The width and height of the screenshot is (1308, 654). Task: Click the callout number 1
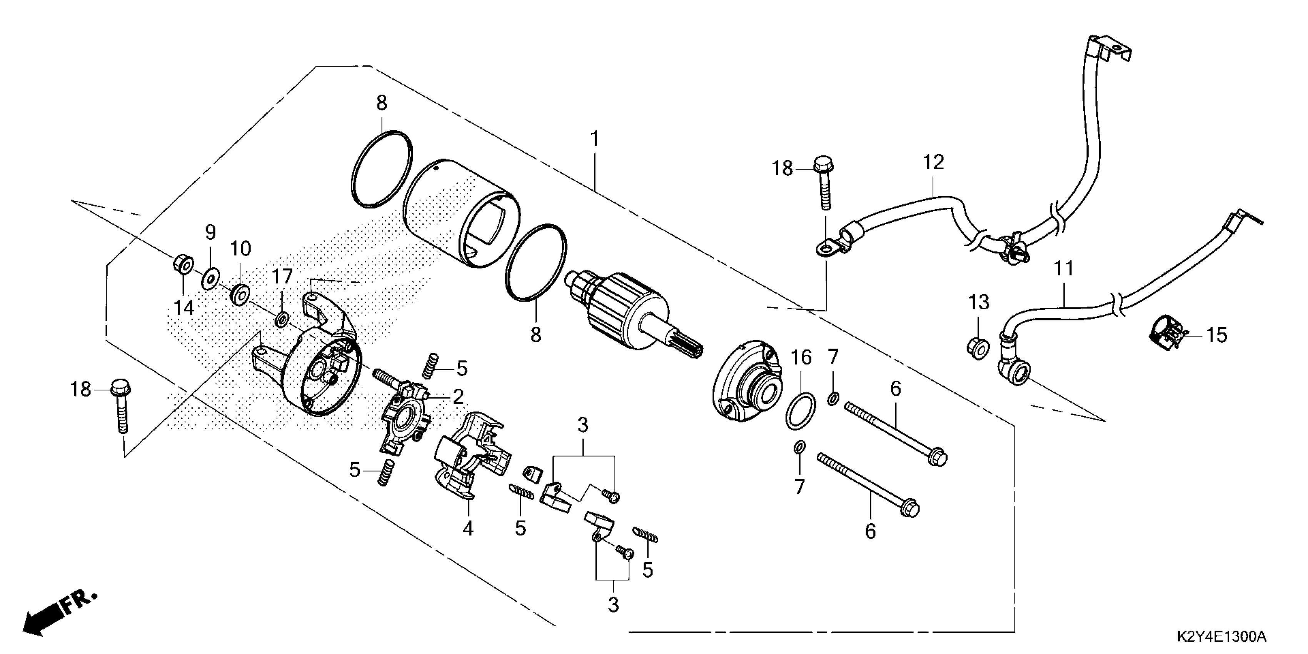(x=594, y=138)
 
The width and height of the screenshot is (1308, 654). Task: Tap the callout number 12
(x=933, y=162)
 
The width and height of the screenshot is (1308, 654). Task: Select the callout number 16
(x=801, y=358)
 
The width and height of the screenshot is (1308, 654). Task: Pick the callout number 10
(x=241, y=249)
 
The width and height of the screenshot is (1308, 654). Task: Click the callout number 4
(x=468, y=529)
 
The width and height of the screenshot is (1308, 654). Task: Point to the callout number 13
(x=978, y=303)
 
